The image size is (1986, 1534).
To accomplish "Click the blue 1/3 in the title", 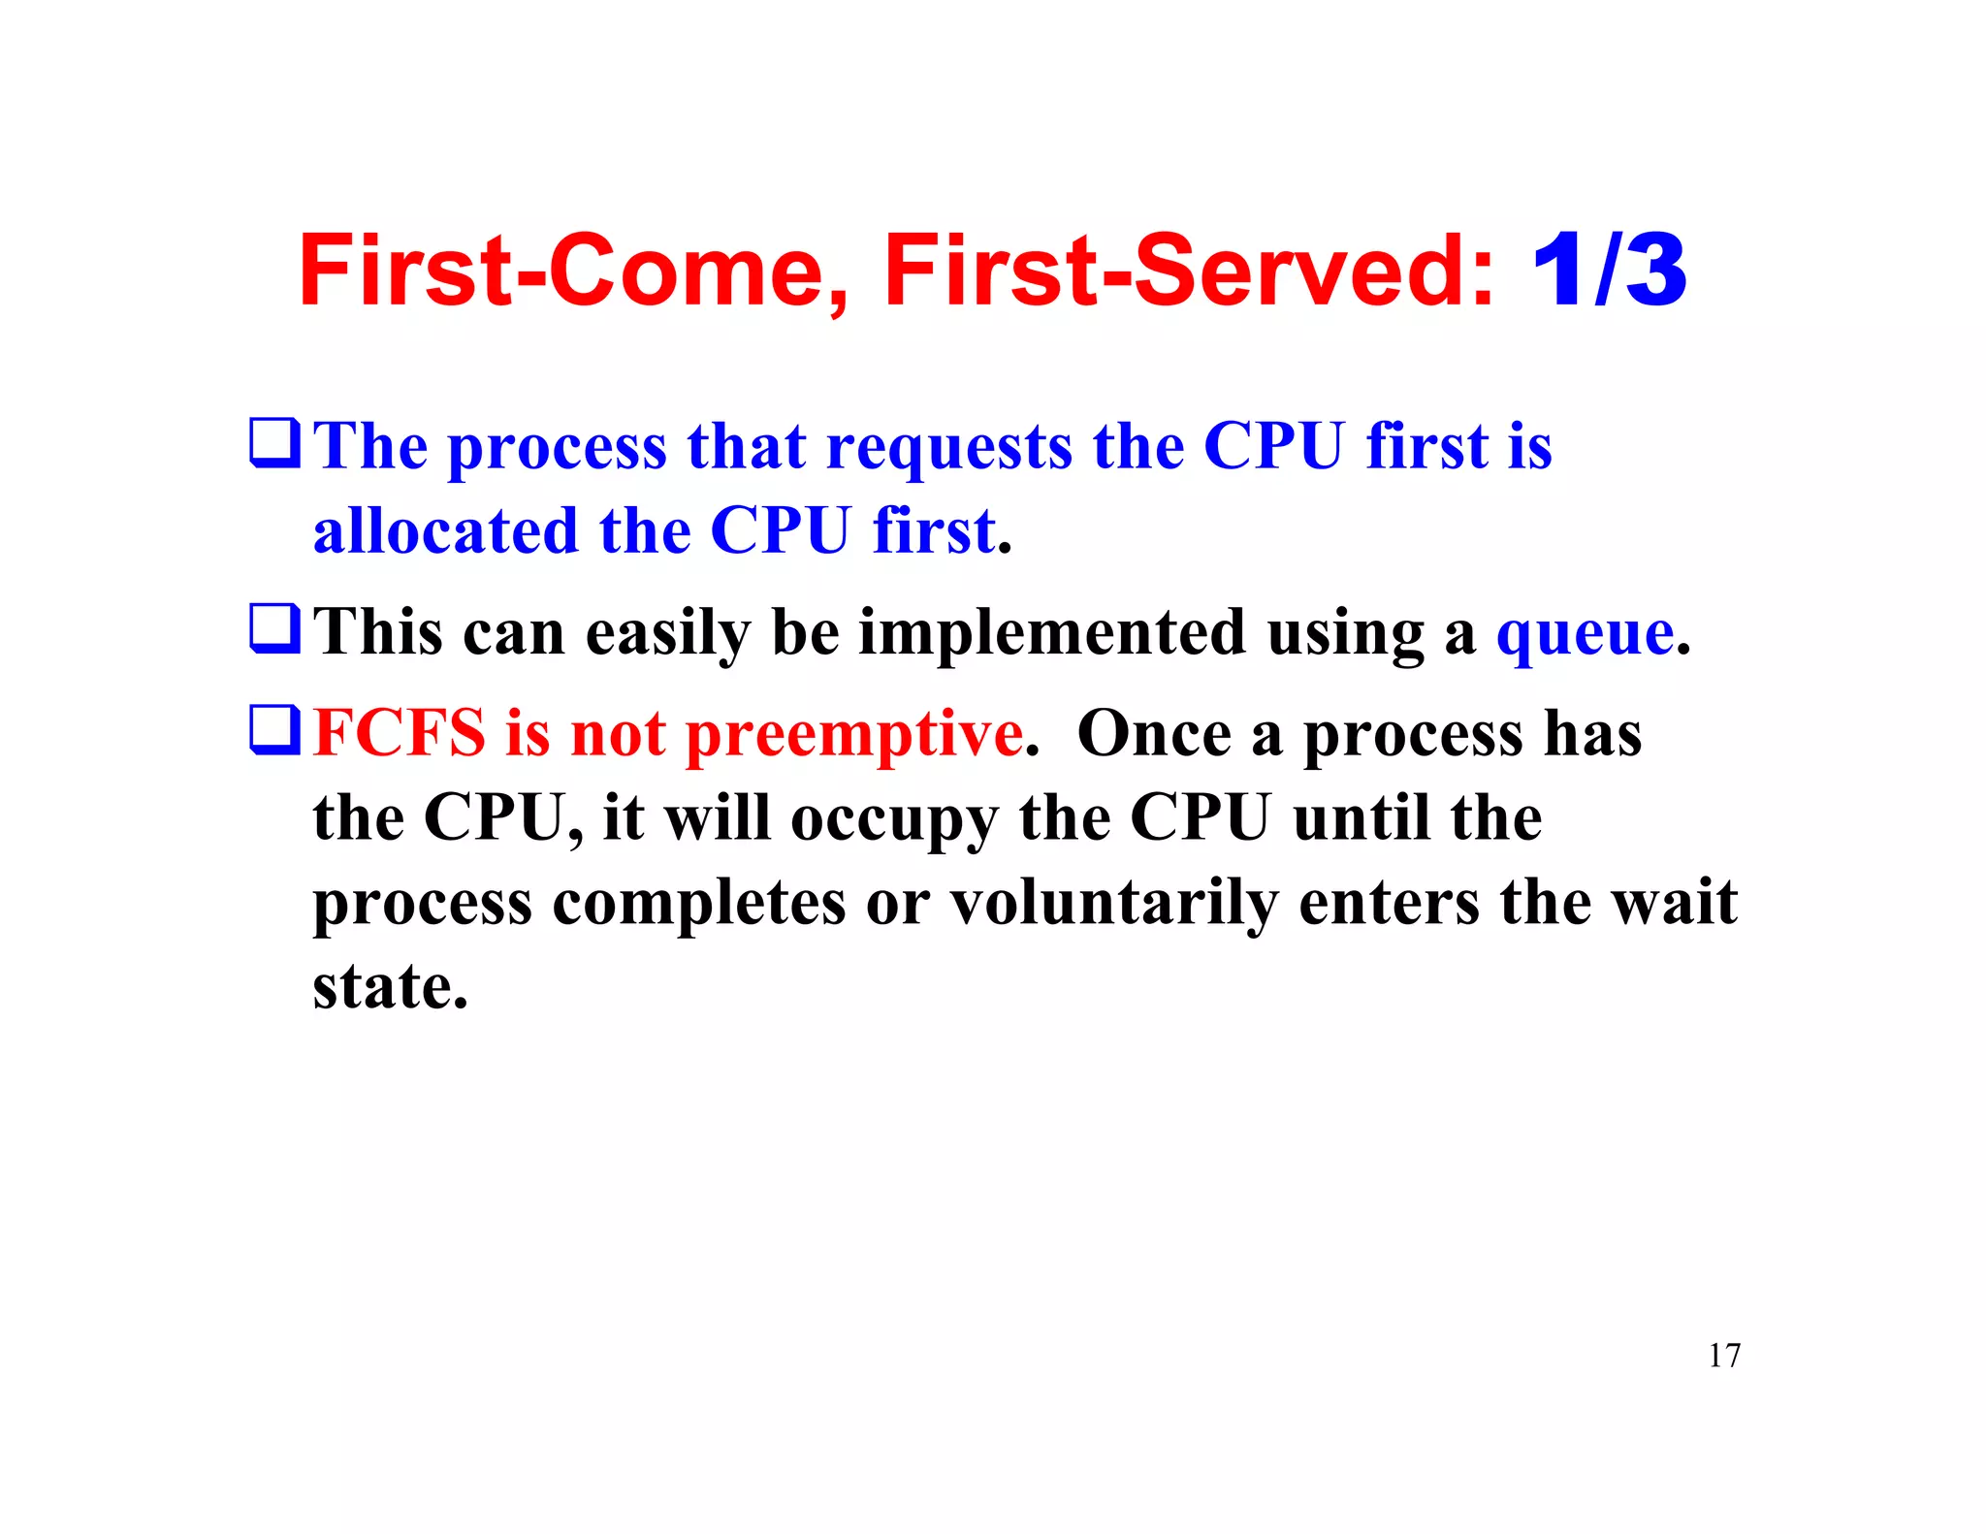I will click(x=1609, y=271).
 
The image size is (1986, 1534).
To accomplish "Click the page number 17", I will click(x=1724, y=1356).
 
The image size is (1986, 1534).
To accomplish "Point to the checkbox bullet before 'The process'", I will click(x=274, y=442).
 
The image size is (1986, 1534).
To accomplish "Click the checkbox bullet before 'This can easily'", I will click(x=274, y=628).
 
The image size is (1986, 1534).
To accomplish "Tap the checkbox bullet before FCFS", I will click(x=274, y=729).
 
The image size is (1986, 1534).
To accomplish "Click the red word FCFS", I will click(x=399, y=733).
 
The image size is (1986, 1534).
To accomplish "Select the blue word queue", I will click(x=1585, y=634).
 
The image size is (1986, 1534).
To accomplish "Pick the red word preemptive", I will click(x=854, y=735).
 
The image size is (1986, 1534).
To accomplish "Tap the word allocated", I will click(x=445, y=531).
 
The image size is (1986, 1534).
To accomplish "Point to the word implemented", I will click(x=1051, y=634).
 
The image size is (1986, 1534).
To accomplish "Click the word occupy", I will click(x=893, y=819).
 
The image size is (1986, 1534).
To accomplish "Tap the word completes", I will click(x=698, y=904).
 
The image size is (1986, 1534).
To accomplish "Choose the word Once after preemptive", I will click(x=1153, y=733).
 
